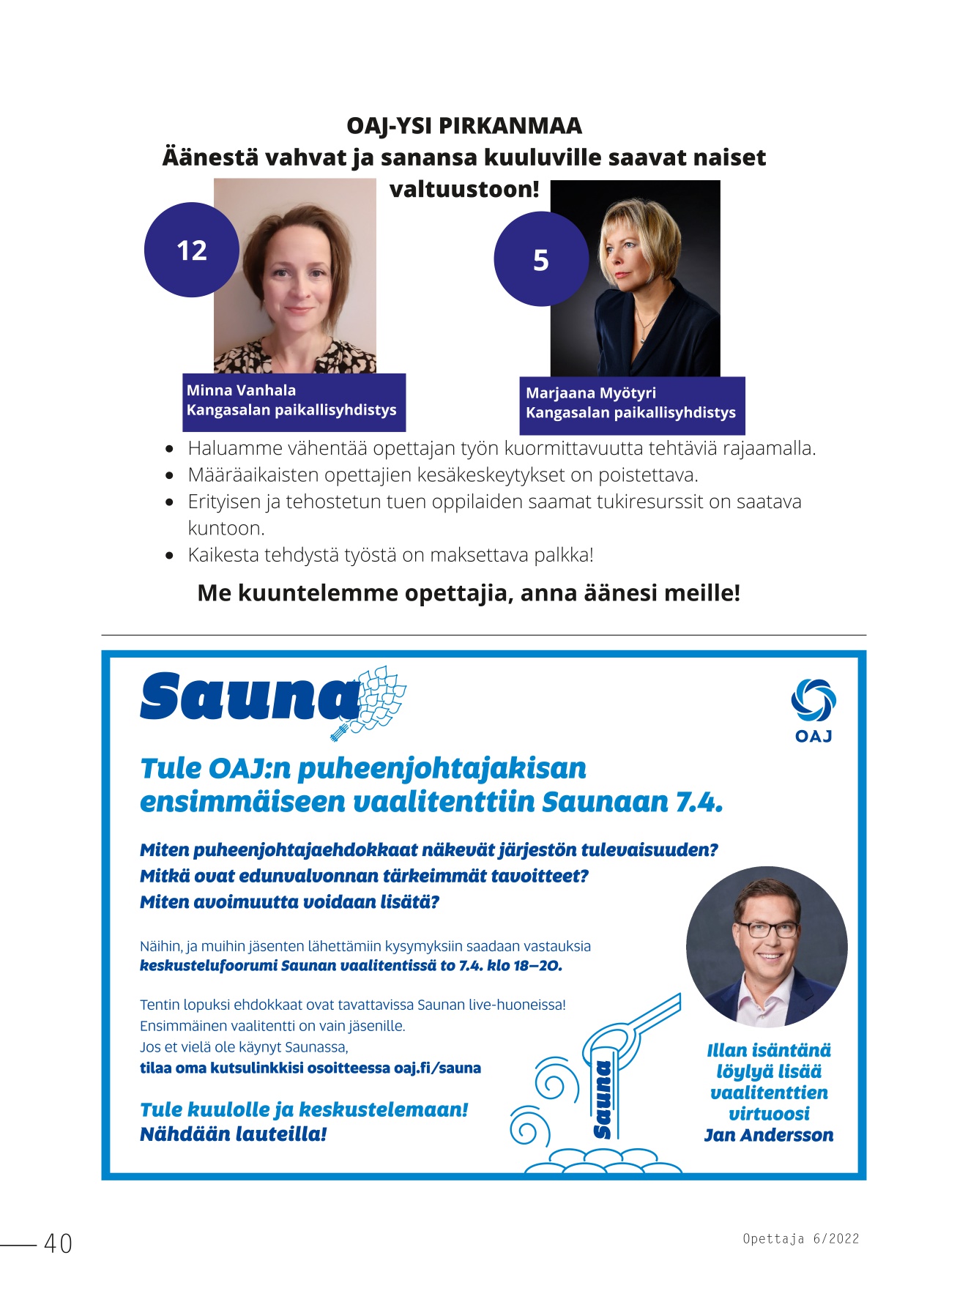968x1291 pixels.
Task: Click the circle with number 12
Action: [x=192, y=250]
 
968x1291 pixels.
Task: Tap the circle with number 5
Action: [x=541, y=260]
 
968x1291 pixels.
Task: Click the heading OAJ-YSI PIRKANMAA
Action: [x=464, y=126]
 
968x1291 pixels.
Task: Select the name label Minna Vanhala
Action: [x=241, y=390]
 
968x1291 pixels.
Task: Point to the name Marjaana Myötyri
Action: [x=590, y=393]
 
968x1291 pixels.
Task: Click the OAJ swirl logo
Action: [x=813, y=700]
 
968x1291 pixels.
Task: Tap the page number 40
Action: [x=59, y=1243]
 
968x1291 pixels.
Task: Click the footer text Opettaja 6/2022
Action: [x=800, y=1239]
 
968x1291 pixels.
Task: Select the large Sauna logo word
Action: [x=249, y=696]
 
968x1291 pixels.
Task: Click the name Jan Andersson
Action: [x=769, y=1135]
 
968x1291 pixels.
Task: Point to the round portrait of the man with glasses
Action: [x=767, y=947]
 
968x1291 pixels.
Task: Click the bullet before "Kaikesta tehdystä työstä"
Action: [x=170, y=556]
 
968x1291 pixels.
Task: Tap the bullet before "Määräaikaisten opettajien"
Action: [x=170, y=476]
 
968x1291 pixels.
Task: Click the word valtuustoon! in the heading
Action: [x=464, y=189]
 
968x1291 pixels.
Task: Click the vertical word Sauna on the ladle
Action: [x=603, y=1099]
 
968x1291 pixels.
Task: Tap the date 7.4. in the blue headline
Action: [x=699, y=803]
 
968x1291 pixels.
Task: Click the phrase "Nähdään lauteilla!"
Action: [x=233, y=1134]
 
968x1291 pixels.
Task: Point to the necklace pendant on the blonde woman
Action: [x=642, y=339]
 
